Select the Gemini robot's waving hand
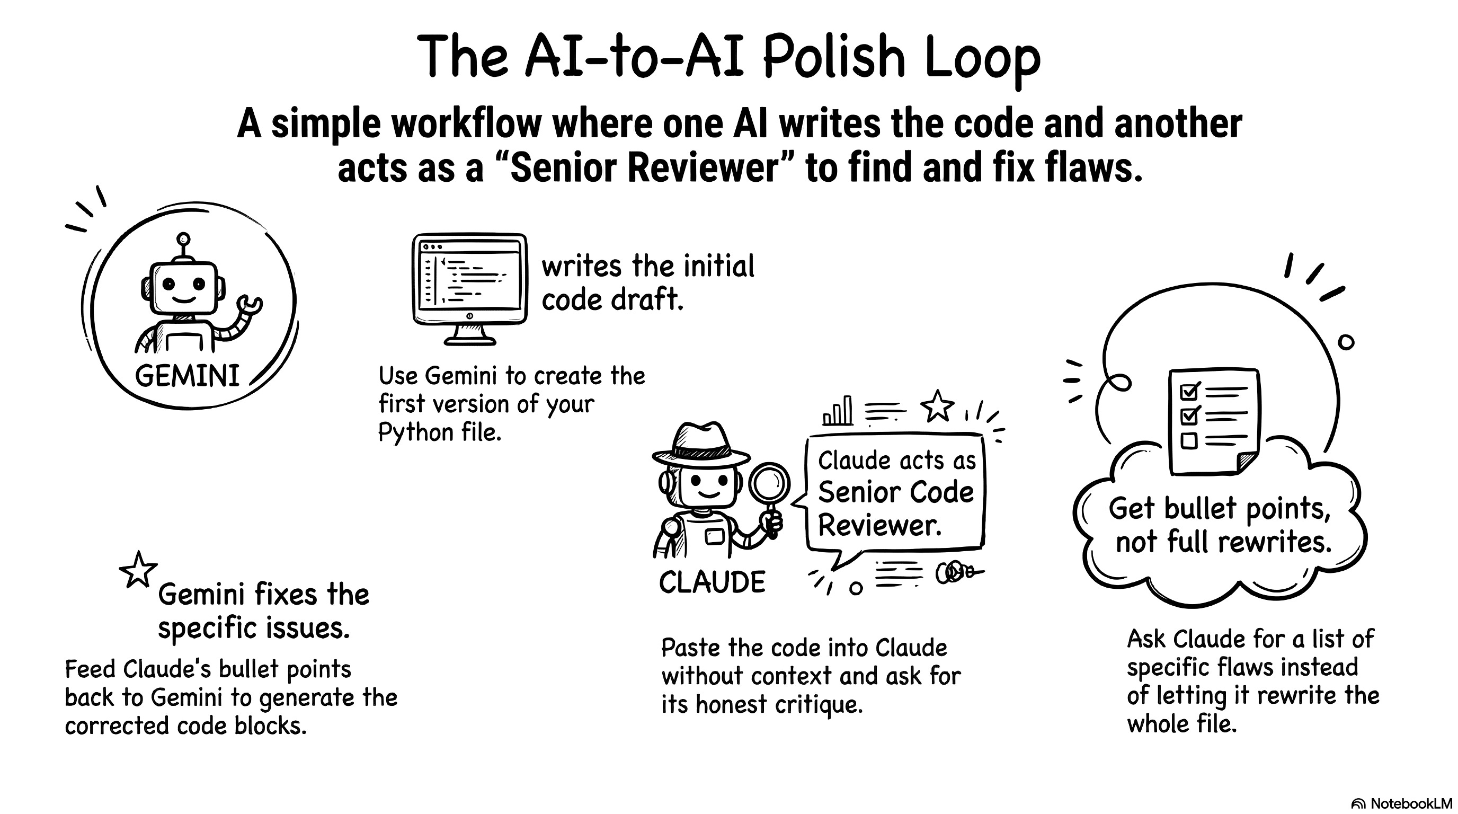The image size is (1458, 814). click(x=249, y=306)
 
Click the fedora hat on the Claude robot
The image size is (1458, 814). click(x=701, y=444)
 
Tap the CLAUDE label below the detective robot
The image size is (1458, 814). click(x=712, y=582)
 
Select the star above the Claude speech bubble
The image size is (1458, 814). click(x=937, y=406)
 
